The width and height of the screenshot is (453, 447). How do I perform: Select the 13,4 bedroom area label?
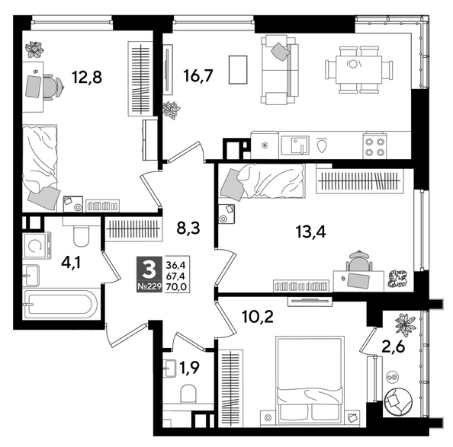pos(311,232)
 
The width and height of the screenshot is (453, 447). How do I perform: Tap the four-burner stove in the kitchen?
pos(374,145)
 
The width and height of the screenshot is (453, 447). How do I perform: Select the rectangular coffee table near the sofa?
pos(239,71)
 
